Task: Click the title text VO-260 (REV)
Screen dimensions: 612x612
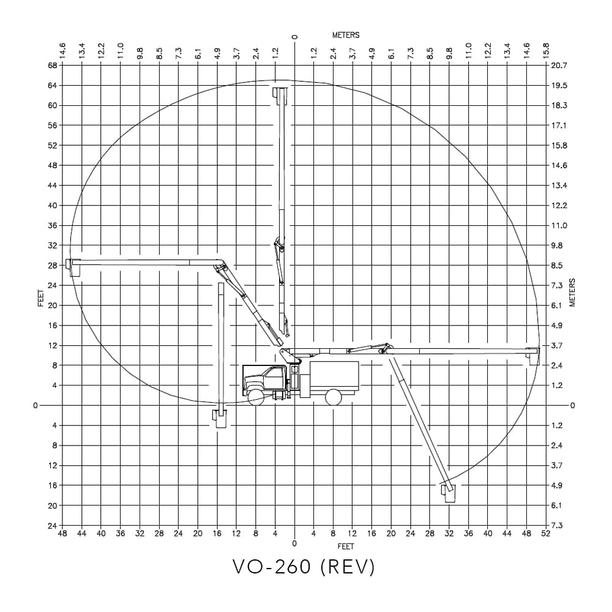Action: point(304,567)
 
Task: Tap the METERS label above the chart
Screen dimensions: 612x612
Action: point(346,35)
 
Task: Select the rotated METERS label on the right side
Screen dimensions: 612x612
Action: point(573,293)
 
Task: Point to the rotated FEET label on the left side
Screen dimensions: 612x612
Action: point(41,297)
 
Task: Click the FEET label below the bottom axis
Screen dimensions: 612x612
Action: point(346,546)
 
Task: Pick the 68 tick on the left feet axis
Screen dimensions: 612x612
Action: point(53,65)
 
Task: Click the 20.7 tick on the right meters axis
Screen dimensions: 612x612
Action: point(559,65)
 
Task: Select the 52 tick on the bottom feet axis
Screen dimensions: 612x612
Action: point(546,534)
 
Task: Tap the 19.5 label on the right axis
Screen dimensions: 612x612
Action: point(559,86)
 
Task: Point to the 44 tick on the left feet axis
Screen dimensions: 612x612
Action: point(53,185)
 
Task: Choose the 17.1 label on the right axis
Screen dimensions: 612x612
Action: point(559,125)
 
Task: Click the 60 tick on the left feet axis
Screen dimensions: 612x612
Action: point(53,105)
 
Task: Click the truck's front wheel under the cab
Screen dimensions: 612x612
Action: point(256,397)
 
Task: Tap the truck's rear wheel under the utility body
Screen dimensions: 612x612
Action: point(333,397)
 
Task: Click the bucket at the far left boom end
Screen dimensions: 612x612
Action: point(75,267)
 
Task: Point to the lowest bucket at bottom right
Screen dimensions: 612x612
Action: point(449,493)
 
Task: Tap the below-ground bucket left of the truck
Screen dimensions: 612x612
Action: point(220,418)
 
